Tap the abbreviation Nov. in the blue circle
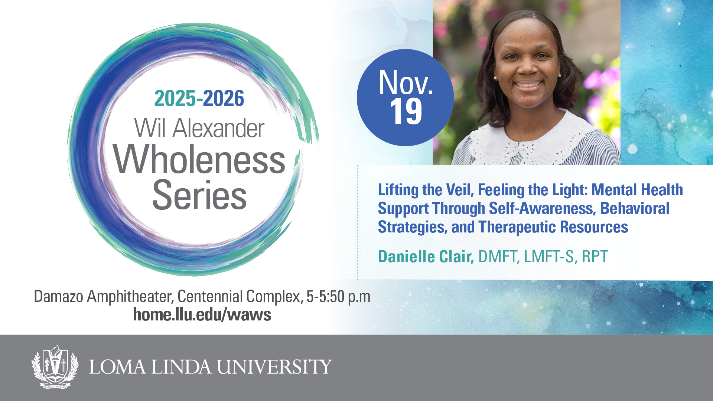pos(406,82)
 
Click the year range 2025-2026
pos(199,98)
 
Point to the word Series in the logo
pos(199,195)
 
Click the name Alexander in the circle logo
pos(218,128)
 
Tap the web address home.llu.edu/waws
pos(202,314)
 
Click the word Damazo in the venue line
pos(58,296)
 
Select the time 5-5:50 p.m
pos(338,297)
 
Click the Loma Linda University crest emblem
pos(55,366)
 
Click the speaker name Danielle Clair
pos(426,257)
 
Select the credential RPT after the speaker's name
pos(595,257)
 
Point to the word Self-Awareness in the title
pos(543,208)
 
